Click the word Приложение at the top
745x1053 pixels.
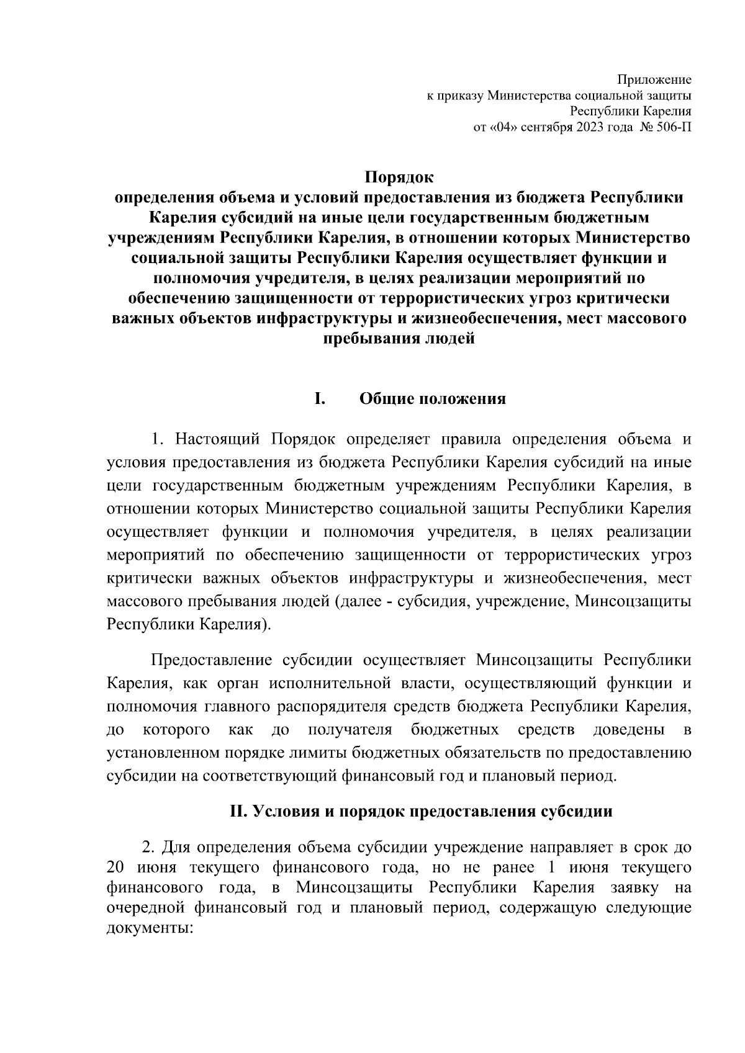(x=654, y=80)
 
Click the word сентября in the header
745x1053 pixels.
(x=546, y=128)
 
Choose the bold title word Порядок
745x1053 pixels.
(x=399, y=177)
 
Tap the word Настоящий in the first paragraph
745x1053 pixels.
(x=218, y=440)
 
